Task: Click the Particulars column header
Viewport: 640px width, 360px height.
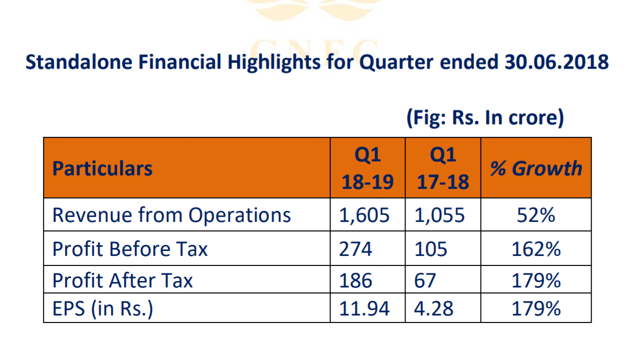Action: [102, 168]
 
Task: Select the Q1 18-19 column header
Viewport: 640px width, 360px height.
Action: [367, 168]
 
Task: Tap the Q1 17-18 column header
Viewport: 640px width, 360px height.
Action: [443, 168]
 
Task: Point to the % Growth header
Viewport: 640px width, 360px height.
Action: [536, 168]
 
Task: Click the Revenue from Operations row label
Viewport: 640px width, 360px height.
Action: [171, 215]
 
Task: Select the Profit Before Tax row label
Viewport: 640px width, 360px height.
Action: [130, 248]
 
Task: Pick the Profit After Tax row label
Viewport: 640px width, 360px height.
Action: [122, 280]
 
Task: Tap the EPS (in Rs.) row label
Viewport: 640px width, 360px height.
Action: [102, 308]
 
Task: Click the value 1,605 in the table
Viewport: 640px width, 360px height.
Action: [364, 215]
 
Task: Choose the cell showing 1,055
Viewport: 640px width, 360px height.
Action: [439, 215]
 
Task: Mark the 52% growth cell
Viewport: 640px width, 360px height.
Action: [536, 215]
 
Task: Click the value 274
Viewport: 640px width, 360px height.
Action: [355, 248]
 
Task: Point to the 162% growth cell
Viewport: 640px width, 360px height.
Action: [536, 248]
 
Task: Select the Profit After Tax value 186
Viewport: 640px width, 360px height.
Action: [355, 280]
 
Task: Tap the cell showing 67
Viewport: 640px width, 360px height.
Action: [425, 280]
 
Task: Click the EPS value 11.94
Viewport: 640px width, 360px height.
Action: [364, 308]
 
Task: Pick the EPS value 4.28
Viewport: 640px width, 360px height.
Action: [433, 308]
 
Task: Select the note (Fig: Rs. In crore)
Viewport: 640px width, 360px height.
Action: [485, 118]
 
